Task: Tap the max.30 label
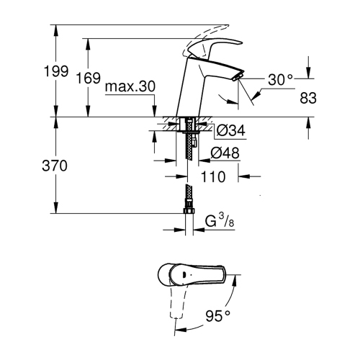(x=130, y=86)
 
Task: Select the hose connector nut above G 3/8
(x=189, y=210)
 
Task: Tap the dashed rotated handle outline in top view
(x=174, y=310)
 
